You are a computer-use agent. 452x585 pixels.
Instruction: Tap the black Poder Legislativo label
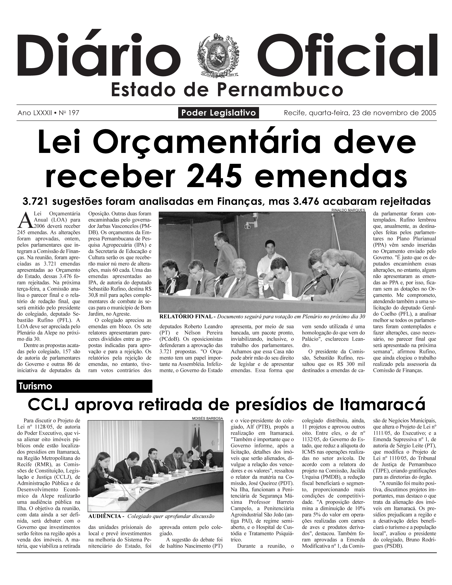218,113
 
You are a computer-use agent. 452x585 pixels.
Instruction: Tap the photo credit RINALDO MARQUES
348,210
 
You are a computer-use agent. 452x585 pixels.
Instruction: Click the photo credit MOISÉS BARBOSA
207,418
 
